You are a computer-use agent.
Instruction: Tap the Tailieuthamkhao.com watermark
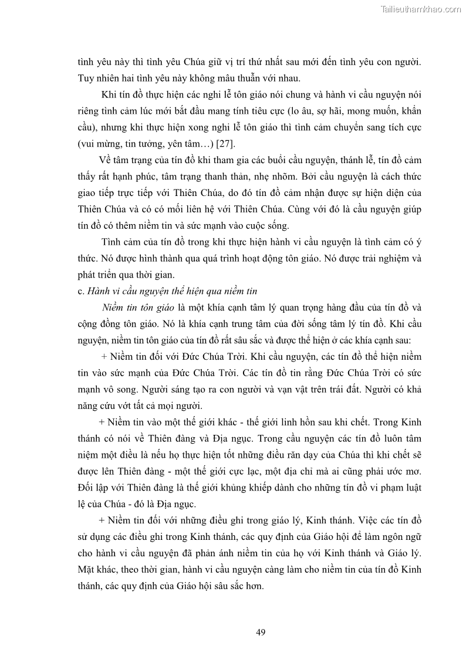(x=421, y=9)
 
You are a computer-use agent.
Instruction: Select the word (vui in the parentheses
(x=87, y=143)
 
